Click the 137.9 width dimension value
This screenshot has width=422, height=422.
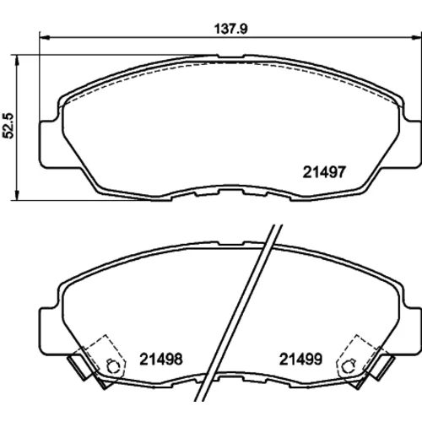coord(231,29)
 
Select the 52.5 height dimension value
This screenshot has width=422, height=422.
coord(8,126)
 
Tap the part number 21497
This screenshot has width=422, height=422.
coord(324,172)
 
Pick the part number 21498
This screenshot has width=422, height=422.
coord(161,359)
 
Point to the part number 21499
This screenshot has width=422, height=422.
coord(300,359)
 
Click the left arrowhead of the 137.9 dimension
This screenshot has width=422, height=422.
coord(45,37)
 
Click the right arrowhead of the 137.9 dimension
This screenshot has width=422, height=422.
coord(417,37)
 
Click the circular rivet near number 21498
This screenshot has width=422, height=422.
coord(113,366)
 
